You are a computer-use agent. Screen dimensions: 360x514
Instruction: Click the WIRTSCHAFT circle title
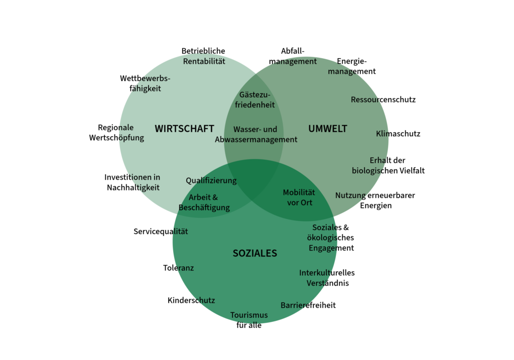click(184, 129)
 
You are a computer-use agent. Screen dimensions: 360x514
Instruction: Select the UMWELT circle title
click(327, 129)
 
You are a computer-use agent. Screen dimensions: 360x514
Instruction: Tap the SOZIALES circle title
click(254, 254)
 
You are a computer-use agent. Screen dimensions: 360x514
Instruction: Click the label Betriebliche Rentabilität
click(203, 56)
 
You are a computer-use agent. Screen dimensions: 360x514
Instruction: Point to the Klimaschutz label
click(398, 134)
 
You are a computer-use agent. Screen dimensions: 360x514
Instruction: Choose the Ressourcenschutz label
click(383, 99)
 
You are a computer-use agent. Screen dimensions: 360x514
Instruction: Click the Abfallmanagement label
click(293, 56)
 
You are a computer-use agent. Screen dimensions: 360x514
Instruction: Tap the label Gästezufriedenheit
click(255, 100)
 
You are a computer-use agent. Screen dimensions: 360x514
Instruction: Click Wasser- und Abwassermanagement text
click(256, 135)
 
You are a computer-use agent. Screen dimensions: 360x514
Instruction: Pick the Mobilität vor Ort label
click(299, 197)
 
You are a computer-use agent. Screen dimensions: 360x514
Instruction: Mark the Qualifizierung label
click(211, 180)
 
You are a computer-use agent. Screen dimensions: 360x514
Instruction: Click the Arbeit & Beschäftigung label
click(204, 202)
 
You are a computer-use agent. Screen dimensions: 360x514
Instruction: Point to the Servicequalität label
click(161, 231)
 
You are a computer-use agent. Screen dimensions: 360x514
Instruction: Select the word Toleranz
click(178, 268)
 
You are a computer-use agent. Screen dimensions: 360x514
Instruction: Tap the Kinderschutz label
click(191, 300)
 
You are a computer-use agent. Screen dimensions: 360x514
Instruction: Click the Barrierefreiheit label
click(308, 305)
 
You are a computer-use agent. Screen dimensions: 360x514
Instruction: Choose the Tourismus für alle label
click(249, 320)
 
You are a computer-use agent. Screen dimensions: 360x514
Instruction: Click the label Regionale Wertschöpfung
click(116, 133)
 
